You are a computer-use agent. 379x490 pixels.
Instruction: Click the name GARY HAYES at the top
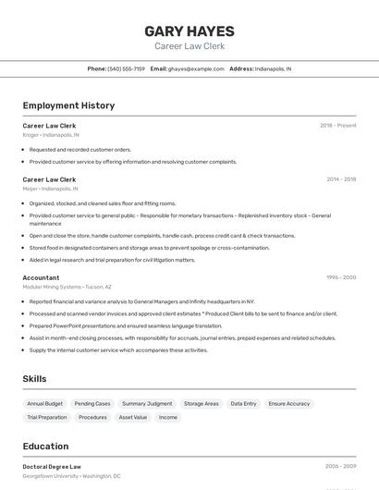(x=189, y=31)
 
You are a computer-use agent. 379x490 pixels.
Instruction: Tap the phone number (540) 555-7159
(x=126, y=69)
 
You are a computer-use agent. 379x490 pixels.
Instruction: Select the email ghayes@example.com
(x=196, y=69)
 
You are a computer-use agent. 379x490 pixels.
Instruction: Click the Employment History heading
(x=68, y=105)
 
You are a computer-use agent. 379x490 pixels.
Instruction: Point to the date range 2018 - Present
(x=338, y=126)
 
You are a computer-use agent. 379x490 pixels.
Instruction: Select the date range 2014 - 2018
(x=341, y=179)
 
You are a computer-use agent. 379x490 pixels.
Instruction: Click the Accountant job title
(x=41, y=277)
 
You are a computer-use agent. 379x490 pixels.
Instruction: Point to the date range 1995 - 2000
(x=341, y=277)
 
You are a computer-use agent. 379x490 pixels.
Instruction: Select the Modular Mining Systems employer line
(x=67, y=287)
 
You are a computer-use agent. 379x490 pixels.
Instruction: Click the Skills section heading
(x=34, y=379)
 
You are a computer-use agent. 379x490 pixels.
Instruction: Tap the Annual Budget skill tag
(x=44, y=404)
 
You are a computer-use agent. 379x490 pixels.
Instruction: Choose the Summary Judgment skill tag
(x=147, y=404)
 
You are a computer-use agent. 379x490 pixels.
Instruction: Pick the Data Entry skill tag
(x=243, y=404)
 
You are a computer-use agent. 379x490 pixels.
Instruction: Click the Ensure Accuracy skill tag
(x=289, y=404)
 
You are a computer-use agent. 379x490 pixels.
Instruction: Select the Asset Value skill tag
(x=133, y=417)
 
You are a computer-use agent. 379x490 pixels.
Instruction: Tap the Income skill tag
(x=168, y=417)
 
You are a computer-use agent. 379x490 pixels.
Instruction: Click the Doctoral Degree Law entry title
(x=52, y=467)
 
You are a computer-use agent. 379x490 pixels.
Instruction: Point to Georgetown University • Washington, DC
(x=72, y=476)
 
